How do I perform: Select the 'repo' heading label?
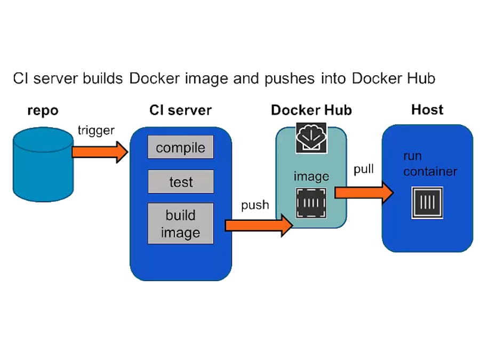43,111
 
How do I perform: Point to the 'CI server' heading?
180,111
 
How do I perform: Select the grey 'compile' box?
180,147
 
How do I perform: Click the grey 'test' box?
180,181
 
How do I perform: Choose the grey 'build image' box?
180,223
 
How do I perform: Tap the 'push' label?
254,205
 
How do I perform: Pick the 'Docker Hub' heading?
311,110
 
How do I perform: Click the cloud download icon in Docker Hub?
311,139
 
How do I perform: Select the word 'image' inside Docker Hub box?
311,176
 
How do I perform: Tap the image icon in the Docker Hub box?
311,203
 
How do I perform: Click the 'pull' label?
364,170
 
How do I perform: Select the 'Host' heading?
427,110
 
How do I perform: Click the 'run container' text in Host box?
430,164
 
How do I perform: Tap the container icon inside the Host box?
427,203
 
